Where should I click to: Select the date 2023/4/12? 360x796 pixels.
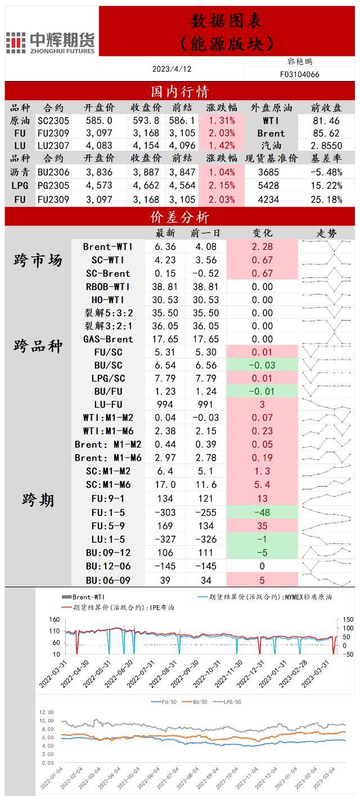click(x=172, y=69)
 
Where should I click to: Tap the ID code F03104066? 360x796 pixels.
click(x=299, y=74)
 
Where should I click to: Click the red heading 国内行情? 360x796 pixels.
click(x=180, y=91)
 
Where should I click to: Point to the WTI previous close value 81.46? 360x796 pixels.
click(x=326, y=120)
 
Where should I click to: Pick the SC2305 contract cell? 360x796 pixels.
click(x=54, y=120)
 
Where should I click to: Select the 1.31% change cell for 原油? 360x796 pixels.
click(x=222, y=120)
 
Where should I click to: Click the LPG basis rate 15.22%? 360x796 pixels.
click(x=326, y=186)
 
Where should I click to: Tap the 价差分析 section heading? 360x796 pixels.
click(x=180, y=217)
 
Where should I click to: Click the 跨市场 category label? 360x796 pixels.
click(x=38, y=260)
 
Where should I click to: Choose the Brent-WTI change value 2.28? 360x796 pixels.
click(x=262, y=247)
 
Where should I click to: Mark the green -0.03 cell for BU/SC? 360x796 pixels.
click(x=262, y=365)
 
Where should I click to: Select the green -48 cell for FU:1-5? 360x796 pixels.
click(x=262, y=512)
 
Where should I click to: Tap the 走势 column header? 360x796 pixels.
click(x=326, y=233)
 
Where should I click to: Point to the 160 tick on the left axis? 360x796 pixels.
click(x=55, y=620)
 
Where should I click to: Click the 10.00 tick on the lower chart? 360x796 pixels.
click(x=47, y=721)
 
